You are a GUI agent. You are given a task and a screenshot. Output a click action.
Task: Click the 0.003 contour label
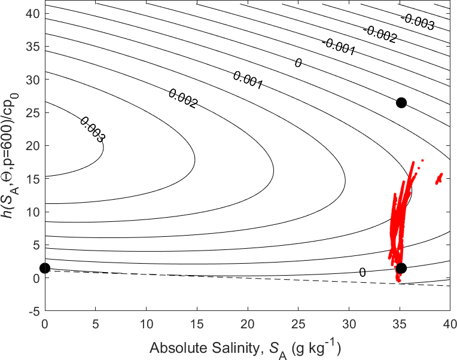[x=92, y=129]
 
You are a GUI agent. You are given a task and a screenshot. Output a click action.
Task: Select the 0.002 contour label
[x=183, y=99]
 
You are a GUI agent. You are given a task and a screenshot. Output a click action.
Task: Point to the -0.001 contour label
[x=339, y=47]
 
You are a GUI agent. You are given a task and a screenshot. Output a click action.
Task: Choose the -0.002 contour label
[x=379, y=34]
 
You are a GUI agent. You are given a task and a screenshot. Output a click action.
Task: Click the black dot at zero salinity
[x=45, y=269]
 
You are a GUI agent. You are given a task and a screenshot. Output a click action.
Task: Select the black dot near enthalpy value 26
[x=401, y=102]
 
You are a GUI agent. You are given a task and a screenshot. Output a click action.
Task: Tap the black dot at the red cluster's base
[x=401, y=269]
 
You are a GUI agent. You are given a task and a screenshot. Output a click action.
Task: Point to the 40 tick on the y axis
[x=35, y=13]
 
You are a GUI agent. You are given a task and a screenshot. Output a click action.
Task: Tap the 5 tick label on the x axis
[x=96, y=323]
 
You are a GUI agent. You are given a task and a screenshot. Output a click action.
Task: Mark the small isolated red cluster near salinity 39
[x=439, y=178]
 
